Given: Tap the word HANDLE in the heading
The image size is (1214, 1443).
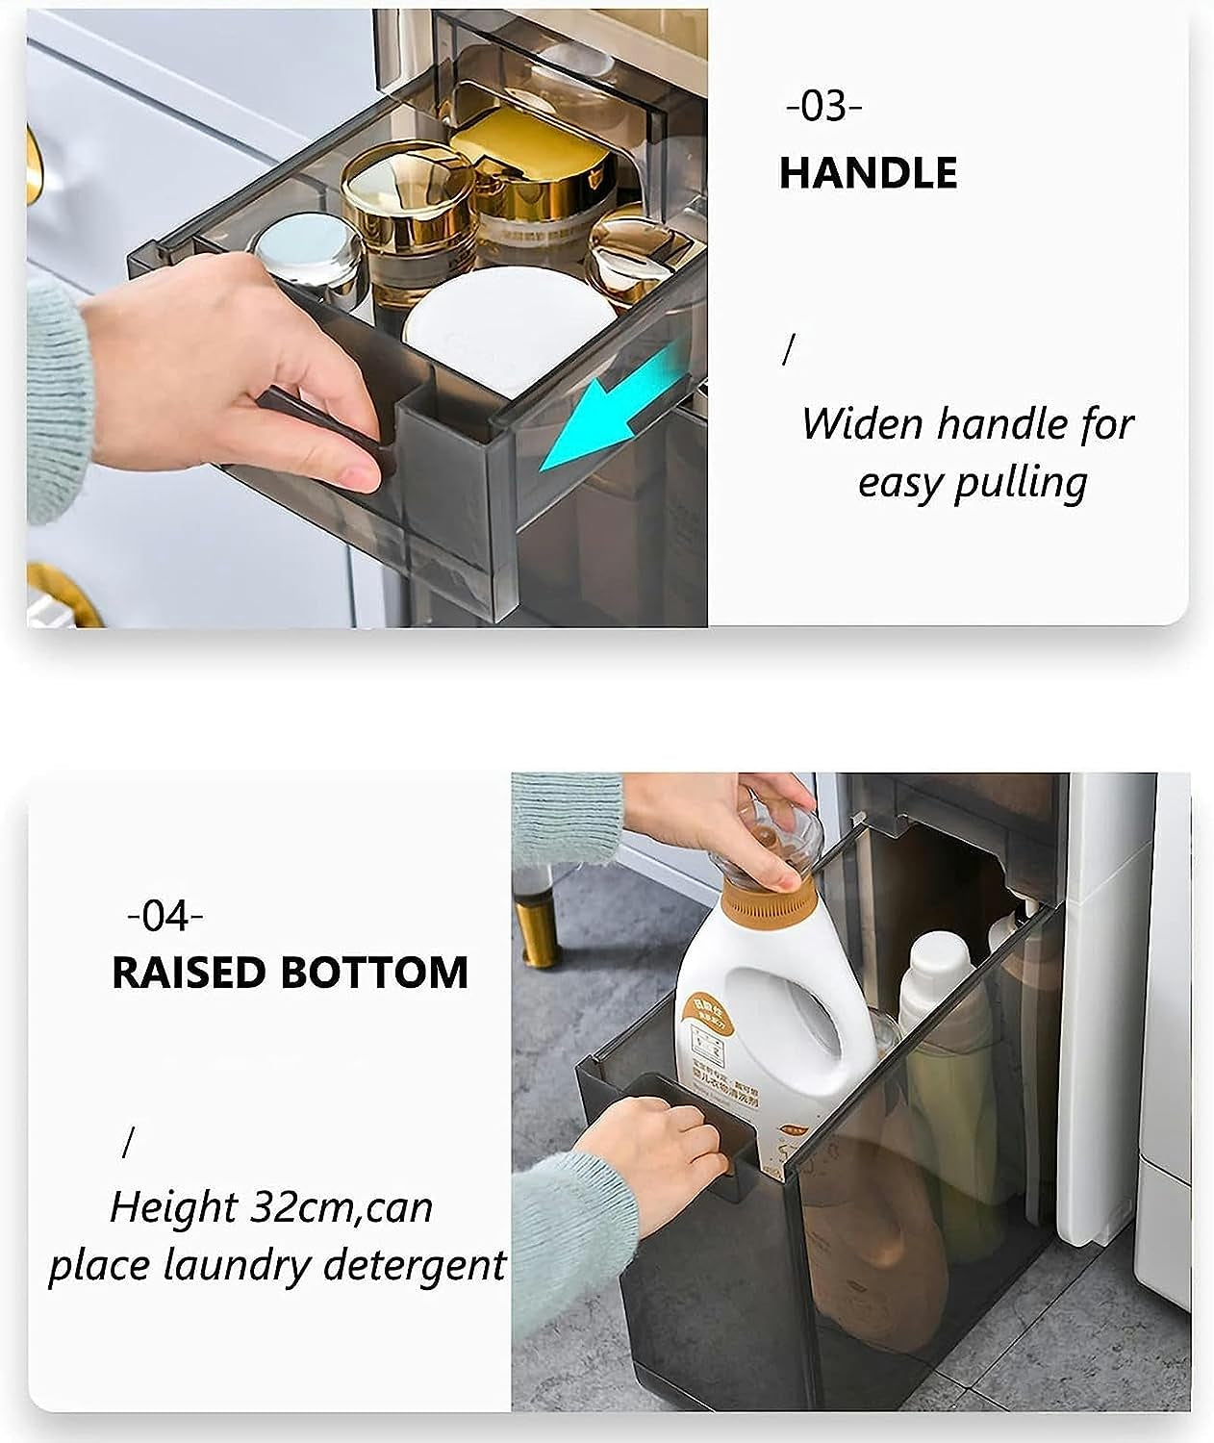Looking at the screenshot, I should tap(868, 173).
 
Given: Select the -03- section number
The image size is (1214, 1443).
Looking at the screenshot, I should tap(823, 106).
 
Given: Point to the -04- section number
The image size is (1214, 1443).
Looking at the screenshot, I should tap(165, 915).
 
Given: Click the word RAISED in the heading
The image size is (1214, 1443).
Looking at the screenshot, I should tap(189, 973).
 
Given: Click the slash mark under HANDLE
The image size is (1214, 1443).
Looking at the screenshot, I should tap(789, 350).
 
